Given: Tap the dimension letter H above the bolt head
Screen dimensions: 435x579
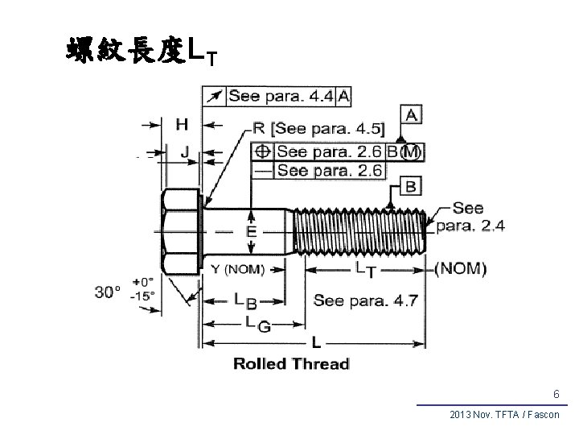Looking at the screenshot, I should pyautogui.click(x=182, y=124).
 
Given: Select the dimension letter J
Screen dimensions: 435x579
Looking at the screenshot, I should pyautogui.click(x=185, y=151).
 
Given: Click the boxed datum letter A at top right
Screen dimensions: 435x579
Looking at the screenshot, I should pyautogui.click(x=412, y=116).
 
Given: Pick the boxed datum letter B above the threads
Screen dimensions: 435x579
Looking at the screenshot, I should pyautogui.click(x=410, y=187).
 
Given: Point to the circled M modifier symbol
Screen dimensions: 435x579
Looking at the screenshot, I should pyautogui.click(x=411, y=151).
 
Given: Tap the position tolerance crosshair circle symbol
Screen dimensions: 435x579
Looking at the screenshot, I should pyautogui.click(x=262, y=151).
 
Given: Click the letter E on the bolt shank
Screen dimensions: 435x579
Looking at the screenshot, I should pyautogui.click(x=252, y=232).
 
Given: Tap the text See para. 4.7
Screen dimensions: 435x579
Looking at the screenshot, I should pyautogui.click(x=365, y=300).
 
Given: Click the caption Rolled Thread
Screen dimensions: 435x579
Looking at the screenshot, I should pyautogui.click(x=291, y=363).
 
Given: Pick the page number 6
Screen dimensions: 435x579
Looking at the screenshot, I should pyautogui.click(x=556, y=394).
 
